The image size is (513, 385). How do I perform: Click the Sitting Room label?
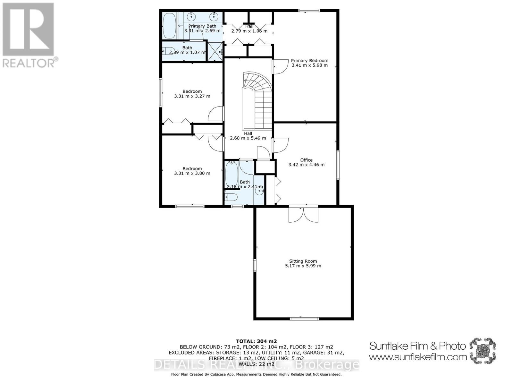[x=303, y=261]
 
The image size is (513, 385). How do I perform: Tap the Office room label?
[x=306, y=160]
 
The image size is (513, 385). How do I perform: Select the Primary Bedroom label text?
[x=309, y=60]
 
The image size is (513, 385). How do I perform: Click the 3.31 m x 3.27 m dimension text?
[x=192, y=96]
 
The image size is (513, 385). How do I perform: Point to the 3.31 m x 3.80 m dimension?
[x=192, y=173]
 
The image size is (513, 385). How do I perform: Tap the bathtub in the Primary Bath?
[x=169, y=26]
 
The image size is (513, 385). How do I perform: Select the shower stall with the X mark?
[x=215, y=51]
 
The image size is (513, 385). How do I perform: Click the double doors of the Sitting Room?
[x=303, y=214]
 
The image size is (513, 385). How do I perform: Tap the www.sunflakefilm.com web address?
[x=417, y=357]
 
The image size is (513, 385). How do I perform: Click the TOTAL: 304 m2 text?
[x=256, y=341]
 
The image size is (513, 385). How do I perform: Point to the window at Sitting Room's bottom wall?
[x=304, y=319]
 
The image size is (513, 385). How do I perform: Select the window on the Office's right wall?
[x=338, y=165]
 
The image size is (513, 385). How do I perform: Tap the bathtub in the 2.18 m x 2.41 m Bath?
[x=231, y=175]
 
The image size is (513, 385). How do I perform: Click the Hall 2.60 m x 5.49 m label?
[x=248, y=136]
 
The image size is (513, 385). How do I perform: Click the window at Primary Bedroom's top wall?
[x=309, y=11]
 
